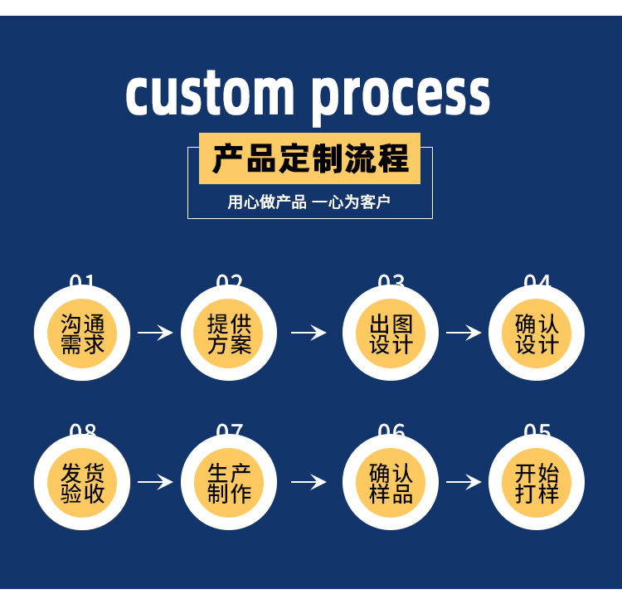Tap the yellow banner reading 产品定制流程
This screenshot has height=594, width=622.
click(x=309, y=158)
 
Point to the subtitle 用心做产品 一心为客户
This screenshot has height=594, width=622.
click(x=309, y=202)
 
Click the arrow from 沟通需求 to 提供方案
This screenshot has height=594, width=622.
click(x=155, y=333)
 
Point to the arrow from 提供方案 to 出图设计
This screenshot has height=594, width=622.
click(x=309, y=333)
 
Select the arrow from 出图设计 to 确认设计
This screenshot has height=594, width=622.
click(x=464, y=333)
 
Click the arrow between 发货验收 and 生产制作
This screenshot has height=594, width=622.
click(x=155, y=482)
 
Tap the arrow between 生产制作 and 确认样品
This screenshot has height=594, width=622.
click(x=309, y=482)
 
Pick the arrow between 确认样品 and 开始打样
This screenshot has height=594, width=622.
click(x=464, y=482)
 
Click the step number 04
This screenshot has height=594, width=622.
click(x=537, y=280)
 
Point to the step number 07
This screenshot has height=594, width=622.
click(x=230, y=430)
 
